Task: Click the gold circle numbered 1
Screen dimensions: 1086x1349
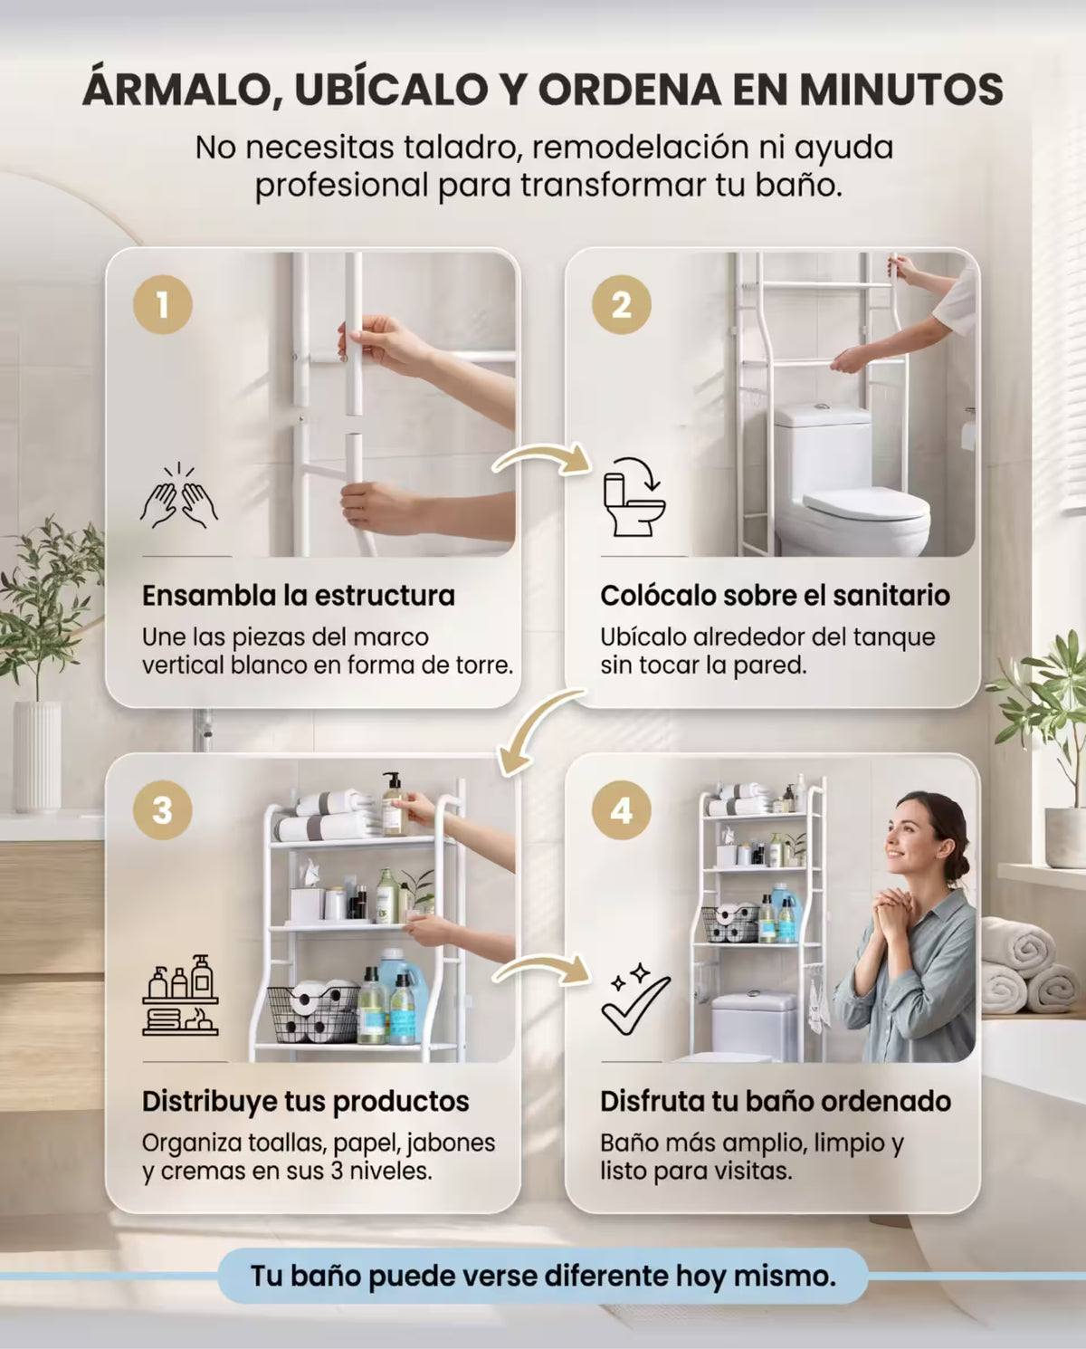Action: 162,304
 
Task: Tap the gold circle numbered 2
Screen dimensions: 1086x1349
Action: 621,304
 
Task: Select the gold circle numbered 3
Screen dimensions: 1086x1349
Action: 162,810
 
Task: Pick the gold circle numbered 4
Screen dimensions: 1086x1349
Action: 621,810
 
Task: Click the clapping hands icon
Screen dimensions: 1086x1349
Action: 178,495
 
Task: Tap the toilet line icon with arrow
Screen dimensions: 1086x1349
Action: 633,496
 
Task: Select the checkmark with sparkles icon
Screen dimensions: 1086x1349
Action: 634,1000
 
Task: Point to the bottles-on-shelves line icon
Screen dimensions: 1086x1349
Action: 180,995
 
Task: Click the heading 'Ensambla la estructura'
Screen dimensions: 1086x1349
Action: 299,596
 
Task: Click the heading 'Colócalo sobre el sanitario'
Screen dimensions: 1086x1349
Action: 776,596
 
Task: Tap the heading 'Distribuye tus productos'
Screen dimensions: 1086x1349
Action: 306,1102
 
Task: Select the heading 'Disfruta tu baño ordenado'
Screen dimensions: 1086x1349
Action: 776,1102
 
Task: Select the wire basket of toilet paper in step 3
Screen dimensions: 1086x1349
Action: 313,1015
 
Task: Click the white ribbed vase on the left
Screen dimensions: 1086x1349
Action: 38,756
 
